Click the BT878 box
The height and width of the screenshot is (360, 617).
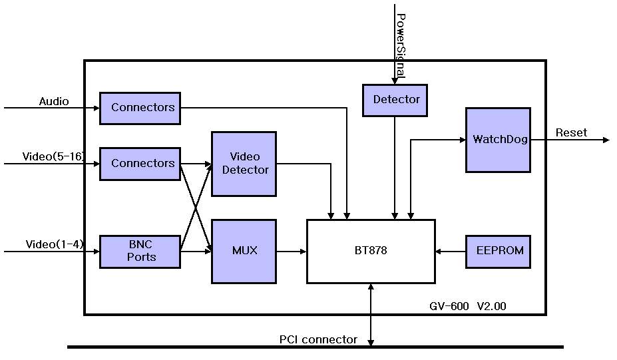click(x=371, y=252)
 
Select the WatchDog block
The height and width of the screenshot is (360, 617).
click(x=498, y=140)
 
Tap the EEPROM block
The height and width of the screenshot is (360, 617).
click(x=498, y=252)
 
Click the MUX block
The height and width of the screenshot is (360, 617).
click(x=244, y=252)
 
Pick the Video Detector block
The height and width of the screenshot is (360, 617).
click(x=244, y=164)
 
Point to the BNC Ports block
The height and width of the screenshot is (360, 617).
click(x=140, y=252)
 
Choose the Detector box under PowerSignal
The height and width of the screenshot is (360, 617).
click(x=395, y=100)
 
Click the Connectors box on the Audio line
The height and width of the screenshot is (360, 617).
click(x=140, y=108)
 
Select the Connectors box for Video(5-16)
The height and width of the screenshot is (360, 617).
click(x=140, y=164)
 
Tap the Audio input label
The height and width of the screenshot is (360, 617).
click(x=54, y=102)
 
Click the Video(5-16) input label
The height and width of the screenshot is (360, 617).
click(x=53, y=157)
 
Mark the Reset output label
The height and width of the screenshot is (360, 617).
click(x=571, y=133)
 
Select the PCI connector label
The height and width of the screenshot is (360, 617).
click(x=318, y=340)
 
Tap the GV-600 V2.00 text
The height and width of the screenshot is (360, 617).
click(x=468, y=307)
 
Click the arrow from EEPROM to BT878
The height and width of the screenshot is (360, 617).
click(x=451, y=252)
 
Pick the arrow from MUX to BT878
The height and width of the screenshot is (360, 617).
click(x=292, y=252)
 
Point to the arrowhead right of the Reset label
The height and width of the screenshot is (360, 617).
click(x=605, y=140)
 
